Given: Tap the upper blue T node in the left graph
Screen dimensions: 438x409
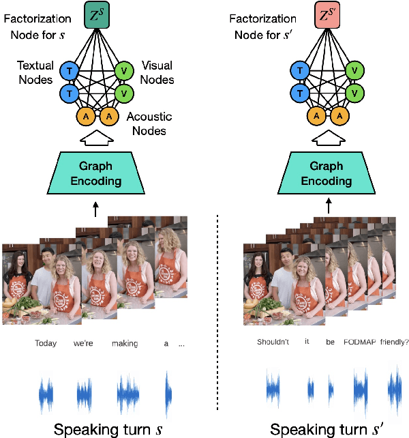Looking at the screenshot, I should [x=68, y=70].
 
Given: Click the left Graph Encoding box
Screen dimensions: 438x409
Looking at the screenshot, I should [x=95, y=174].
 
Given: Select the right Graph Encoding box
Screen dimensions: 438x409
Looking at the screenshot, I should [x=327, y=174].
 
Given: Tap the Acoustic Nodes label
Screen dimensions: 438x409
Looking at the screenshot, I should [x=149, y=123].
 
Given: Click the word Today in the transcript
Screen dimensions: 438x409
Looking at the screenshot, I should [x=46, y=343].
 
